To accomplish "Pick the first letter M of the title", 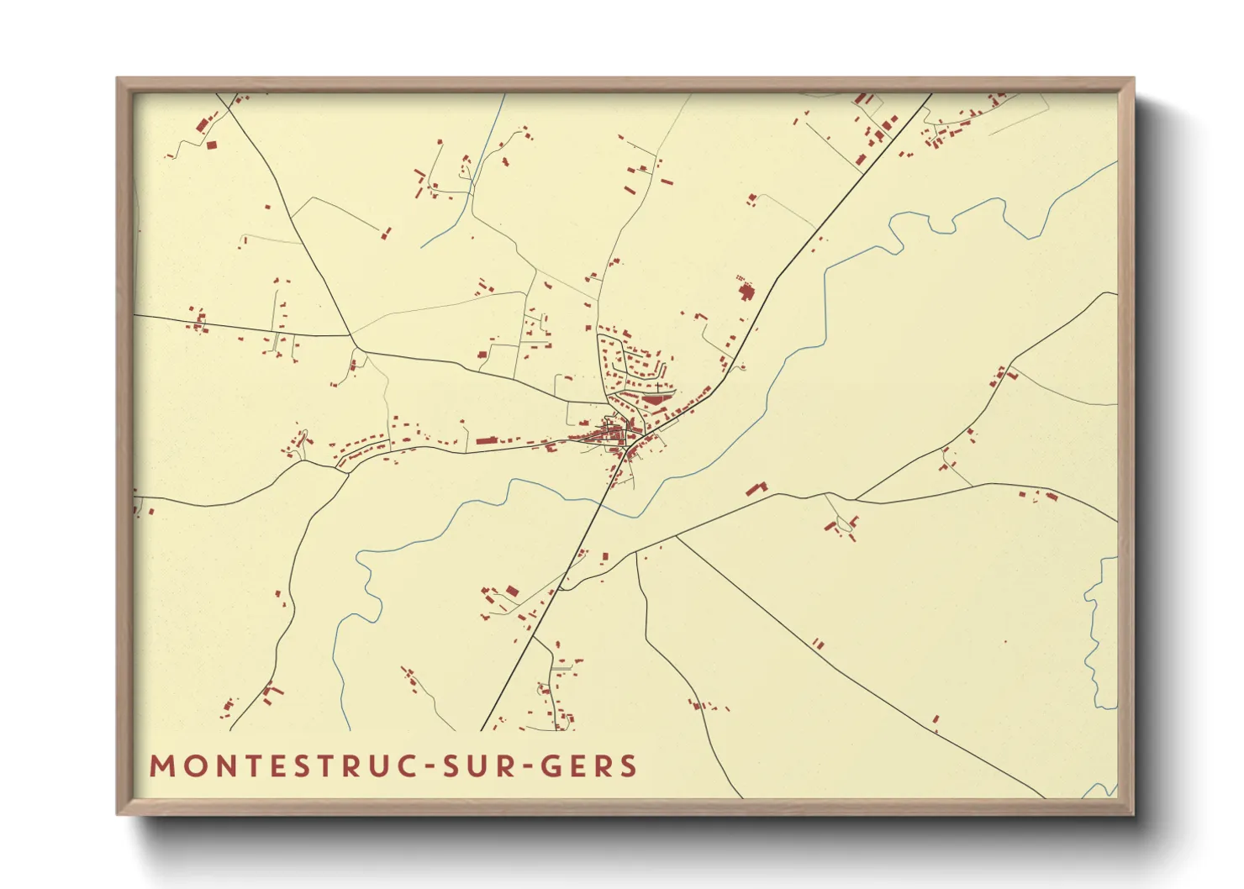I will [161, 766].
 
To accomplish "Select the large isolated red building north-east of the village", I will [746, 292].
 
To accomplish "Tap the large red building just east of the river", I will [756, 488].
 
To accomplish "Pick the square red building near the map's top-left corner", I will [212, 145].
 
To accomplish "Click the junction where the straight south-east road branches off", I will [677, 535].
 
